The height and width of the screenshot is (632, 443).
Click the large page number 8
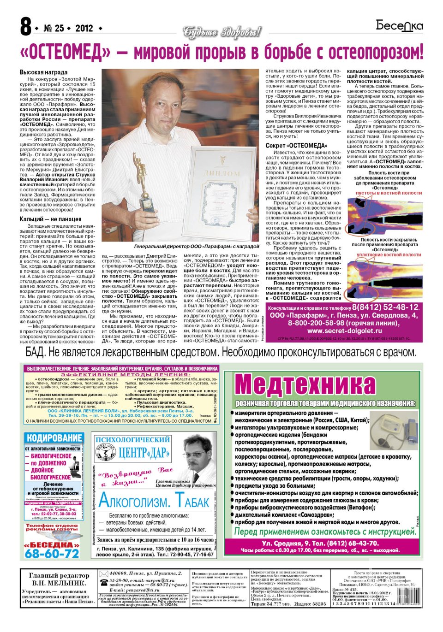click(26, 28)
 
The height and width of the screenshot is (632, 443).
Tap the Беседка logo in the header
click(400, 26)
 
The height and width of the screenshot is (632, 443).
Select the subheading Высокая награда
click(43, 72)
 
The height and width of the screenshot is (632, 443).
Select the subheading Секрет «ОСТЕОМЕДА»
click(296, 146)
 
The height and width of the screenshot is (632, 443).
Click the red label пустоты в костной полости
click(383, 193)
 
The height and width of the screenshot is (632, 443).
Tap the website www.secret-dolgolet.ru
click(341, 331)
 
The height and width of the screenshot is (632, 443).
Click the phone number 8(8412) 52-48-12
click(385, 307)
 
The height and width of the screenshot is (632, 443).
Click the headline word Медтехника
click(305, 384)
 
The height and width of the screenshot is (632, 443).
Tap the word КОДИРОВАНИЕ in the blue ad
click(54, 438)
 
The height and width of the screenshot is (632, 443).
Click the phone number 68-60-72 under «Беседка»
click(52, 554)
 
